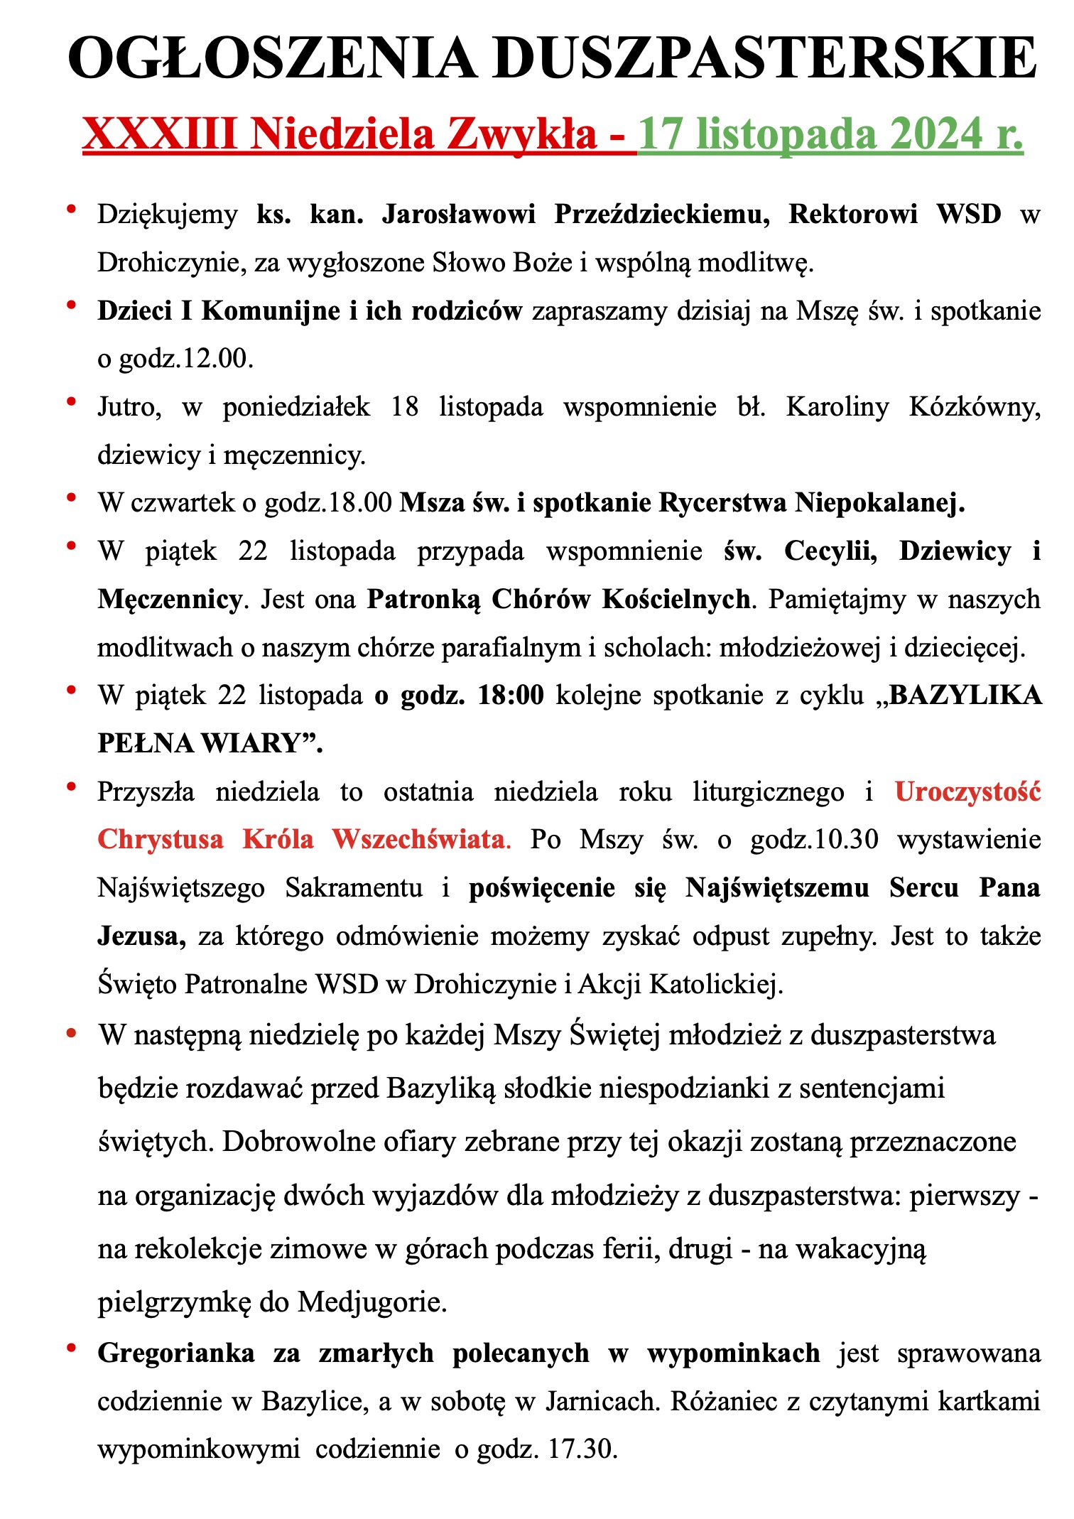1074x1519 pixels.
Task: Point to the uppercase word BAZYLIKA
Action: click(x=965, y=696)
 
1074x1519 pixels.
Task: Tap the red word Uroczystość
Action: click(x=967, y=791)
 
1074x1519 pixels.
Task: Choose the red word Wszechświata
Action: click(x=419, y=840)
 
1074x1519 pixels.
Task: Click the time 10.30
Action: click(x=849, y=840)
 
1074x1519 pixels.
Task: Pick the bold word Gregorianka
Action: click(x=176, y=1353)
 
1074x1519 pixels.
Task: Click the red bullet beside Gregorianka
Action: click(x=71, y=1348)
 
